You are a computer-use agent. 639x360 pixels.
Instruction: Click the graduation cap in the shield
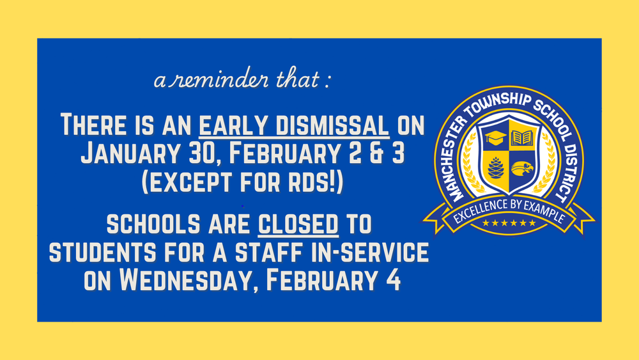496,136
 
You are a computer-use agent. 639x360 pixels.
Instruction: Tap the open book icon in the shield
522,136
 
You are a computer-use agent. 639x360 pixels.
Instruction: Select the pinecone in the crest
496,167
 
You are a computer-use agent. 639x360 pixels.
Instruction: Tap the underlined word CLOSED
298,225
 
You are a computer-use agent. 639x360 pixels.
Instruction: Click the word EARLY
229,125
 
